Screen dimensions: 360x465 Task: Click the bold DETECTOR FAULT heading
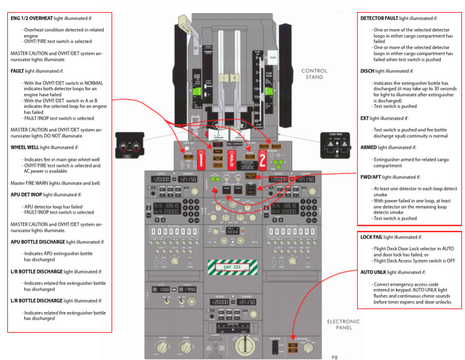coord(379,18)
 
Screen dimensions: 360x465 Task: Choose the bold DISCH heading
coord(367,71)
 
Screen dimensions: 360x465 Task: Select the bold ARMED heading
coord(370,147)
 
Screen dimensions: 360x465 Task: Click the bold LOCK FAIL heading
coord(374,237)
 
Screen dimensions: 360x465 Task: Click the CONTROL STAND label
coord(314,74)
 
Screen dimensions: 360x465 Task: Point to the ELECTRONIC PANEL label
coord(343,324)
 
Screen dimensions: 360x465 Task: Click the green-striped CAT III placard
coord(232,266)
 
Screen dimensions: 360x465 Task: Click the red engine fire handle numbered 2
coord(263,160)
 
